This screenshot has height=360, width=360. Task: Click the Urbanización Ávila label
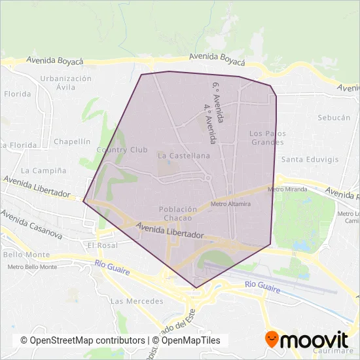pyautogui.click(x=65, y=82)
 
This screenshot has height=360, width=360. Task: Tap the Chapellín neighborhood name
pyautogui.click(x=72, y=141)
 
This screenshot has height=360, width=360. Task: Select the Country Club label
pyautogui.click(x=122, y=150)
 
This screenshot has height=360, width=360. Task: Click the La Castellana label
pyautogui.click(x=184, y=156)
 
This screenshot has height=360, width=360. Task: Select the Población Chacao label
pyautogui.click(x=178, y=213)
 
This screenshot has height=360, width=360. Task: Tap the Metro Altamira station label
pyautogui.click(x=230, y=204)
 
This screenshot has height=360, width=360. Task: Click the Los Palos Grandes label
pyautogui.click(x=267, y=137)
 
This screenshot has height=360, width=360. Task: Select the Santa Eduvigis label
pyautogui.click(x=310, y=159)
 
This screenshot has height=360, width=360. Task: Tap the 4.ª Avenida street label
pyautogui.click(x=209, y=123)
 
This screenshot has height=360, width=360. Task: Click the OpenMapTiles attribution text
pyautogui.click(x=191, y=340)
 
